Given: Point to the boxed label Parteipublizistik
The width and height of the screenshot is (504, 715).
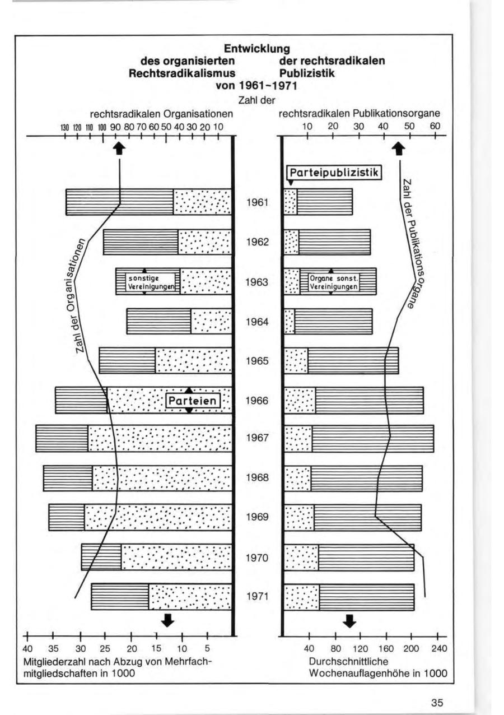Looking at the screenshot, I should click(x=334, y=172).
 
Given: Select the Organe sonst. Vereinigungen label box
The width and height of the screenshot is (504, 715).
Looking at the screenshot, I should click(x=334, y=281).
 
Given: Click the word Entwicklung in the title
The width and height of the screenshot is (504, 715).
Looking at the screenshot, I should click(x=256, y=50).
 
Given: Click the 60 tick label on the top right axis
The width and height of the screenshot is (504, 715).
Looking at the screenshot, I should click(x=435, y=126).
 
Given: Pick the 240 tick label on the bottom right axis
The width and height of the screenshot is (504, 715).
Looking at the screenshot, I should click(x=437, y=649).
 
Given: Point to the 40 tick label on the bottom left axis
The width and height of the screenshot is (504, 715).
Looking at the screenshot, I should click(x=27, y=649).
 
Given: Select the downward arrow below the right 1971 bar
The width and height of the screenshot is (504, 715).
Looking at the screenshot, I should click(x=350, y=620).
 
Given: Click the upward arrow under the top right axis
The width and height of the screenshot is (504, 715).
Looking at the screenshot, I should click(x=399, y=148).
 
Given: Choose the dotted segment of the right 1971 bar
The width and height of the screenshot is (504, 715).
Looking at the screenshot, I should click(x=302, y=597).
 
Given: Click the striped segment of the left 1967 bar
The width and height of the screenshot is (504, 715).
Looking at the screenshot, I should click(x=62, y=438).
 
